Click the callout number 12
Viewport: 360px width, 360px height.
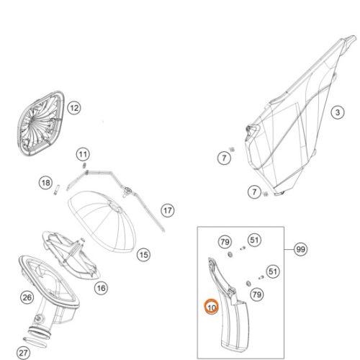point(74,108)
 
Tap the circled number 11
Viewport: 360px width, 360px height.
point(83,154)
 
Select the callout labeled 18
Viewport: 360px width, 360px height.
point(45,183)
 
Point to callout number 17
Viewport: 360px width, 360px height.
point(168,210)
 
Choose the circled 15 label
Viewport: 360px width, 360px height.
point(144,255)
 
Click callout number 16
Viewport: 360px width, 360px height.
point(101,288)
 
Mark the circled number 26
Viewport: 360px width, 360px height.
point(27,297)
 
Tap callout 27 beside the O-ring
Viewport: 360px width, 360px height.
point(23,353)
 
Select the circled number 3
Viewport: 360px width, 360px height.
point(338,112)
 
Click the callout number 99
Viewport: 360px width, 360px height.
point(301,249)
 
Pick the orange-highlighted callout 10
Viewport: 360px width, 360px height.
point(212,307)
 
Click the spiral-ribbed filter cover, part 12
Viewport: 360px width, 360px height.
point(41,123)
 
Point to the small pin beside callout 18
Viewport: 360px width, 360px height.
point(56,189)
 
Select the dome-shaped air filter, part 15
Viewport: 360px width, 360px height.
point(102,221)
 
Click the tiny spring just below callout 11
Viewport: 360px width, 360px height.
point(84,166)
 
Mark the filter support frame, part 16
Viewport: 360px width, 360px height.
point(70,254)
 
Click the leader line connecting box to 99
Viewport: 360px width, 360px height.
point(289,249)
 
